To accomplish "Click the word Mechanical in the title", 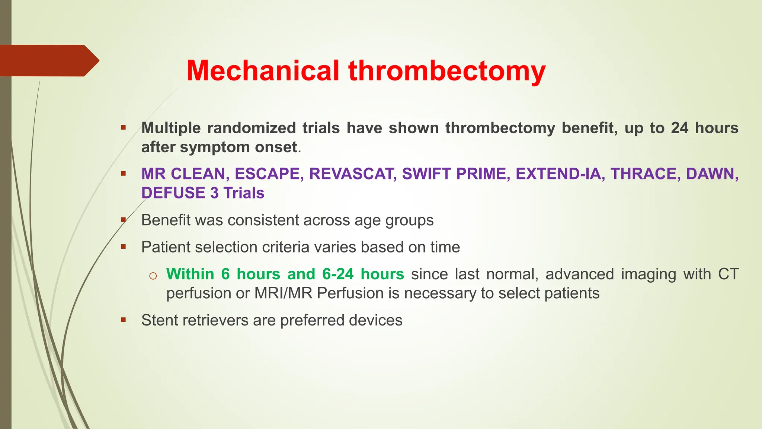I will [x=263, y=71].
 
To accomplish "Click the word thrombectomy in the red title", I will [x=447, y=71].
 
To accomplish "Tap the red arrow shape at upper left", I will [x=48, y=61].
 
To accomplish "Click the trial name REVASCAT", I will [x=352, y=174].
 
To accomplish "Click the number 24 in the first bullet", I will [x=679, y=128].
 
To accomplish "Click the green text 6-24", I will [x=337, y=274].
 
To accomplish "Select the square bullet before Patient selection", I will [x=123, y=247].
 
